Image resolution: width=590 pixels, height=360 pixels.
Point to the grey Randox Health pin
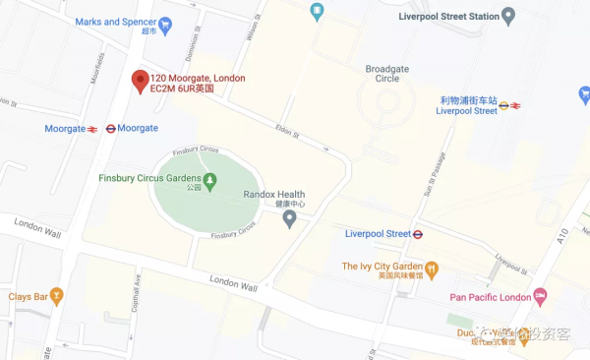[x=289, y=217]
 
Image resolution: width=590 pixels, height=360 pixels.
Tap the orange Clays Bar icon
[x=57, y=295]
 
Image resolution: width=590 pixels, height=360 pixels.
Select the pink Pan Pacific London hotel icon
[x=540, y=296]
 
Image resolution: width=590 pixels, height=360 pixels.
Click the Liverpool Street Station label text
[x=447, y=17]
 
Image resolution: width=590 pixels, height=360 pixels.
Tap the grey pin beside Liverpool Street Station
[x=508, y=16]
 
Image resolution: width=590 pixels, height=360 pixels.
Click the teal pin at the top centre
[x=317, y=12]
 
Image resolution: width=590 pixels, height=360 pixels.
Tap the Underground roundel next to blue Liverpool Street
[x=418, y=234]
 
